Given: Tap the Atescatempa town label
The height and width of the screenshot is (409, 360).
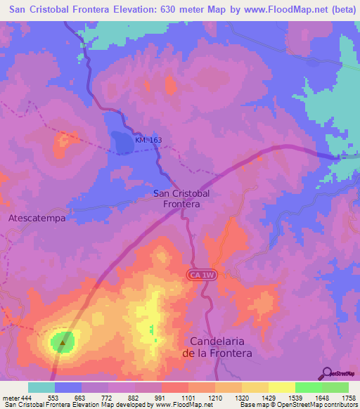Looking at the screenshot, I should tap(37, 218).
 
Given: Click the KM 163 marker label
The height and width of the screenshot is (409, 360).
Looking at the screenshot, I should tap(148, 141).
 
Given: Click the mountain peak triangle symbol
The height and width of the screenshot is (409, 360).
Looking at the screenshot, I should tap(63, 343).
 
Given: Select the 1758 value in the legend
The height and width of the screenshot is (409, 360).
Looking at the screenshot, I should tap(349, 398).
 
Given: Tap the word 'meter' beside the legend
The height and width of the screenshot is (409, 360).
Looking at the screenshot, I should tap(11, 398).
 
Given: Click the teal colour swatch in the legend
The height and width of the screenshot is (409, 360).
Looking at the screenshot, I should tap(41, 387).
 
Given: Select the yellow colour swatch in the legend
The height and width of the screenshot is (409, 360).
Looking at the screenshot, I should tap(281, 387).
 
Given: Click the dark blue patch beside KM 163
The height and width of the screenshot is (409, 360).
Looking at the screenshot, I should tap(122, 143).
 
